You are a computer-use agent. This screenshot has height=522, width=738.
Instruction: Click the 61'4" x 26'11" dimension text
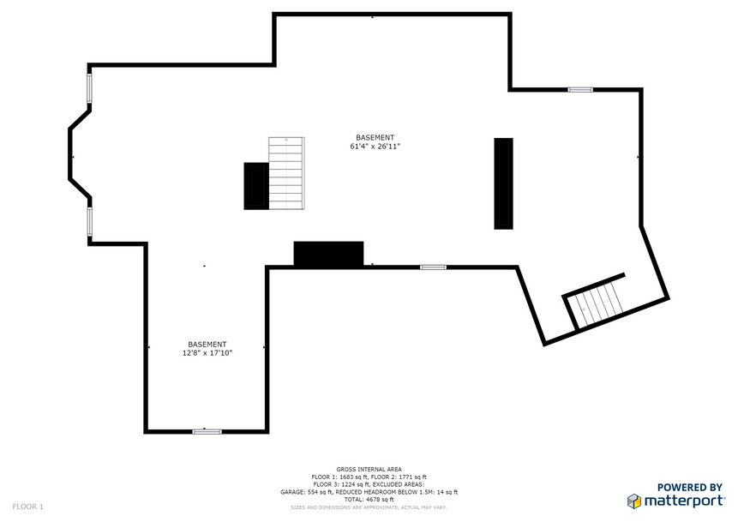click(x=375, y=147)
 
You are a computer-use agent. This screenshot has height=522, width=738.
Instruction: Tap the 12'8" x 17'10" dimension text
click(x=207, y=353)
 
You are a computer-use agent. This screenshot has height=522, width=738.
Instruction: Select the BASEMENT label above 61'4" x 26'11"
click(x=375, y=137)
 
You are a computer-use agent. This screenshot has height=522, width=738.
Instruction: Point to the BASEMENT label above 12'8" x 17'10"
click(x=207, y=344)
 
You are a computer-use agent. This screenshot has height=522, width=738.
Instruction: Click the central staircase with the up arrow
click(x=286, y=173)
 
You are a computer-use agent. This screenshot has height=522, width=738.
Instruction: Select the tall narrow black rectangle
click(x=504, y=183)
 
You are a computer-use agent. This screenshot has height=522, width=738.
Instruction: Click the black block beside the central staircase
click(x=256, y=186)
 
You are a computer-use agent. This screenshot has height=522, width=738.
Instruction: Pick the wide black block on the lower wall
click(x=328, y=254)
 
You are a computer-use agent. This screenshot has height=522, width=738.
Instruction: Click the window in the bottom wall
click(x=207, y=431)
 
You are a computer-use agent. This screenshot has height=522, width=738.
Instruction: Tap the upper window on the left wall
click(x=89, y=88)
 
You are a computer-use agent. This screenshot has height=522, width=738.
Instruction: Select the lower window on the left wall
click(x=89, y=222)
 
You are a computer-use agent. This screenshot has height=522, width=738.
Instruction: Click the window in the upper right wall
click(x=580, y=89)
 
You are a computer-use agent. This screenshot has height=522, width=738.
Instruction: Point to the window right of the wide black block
click(x=433, y=267)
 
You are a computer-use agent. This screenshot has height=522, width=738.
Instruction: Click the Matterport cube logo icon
click(x=634, y=501)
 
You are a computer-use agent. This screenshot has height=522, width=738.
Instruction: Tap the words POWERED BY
click(x=689, y=488)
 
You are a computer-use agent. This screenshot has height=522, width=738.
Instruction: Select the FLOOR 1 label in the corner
click(x=27, y=507)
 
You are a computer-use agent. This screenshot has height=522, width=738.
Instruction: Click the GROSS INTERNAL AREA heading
click(x=369, y=469)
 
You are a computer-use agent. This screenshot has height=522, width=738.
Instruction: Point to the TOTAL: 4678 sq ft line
click(x=369, y=500)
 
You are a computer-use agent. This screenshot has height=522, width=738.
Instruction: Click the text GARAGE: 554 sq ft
click(x=306, y=492)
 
